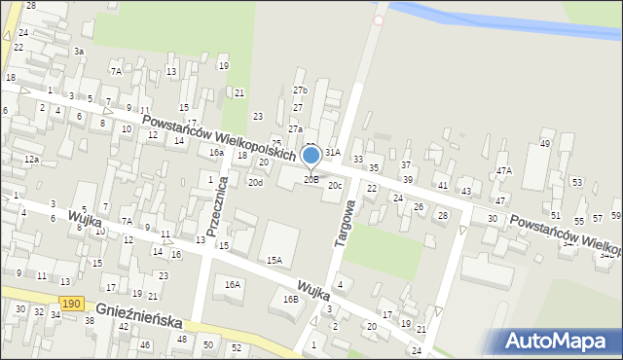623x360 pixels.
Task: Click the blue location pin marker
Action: point(311,157)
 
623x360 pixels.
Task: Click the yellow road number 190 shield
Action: point(70,305)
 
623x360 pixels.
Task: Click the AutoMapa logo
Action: point(557,342)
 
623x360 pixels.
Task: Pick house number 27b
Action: point(300,90)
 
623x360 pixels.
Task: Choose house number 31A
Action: point(333,153)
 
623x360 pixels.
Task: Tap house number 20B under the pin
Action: point(311,179)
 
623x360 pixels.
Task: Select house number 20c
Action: point(335,185)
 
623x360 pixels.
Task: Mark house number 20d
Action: point(255,182)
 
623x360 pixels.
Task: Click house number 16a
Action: point(216,153)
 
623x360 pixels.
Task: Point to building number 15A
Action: point(275,260)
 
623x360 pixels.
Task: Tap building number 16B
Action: point(290,299)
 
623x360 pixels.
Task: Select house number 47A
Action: point(503,170)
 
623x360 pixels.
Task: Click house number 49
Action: point(544,144)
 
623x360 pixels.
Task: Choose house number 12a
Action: point(32,159)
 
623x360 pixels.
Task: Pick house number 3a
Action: point(79,51)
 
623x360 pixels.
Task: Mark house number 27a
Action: point(295,128)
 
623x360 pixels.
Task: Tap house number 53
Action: point(576,183)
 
